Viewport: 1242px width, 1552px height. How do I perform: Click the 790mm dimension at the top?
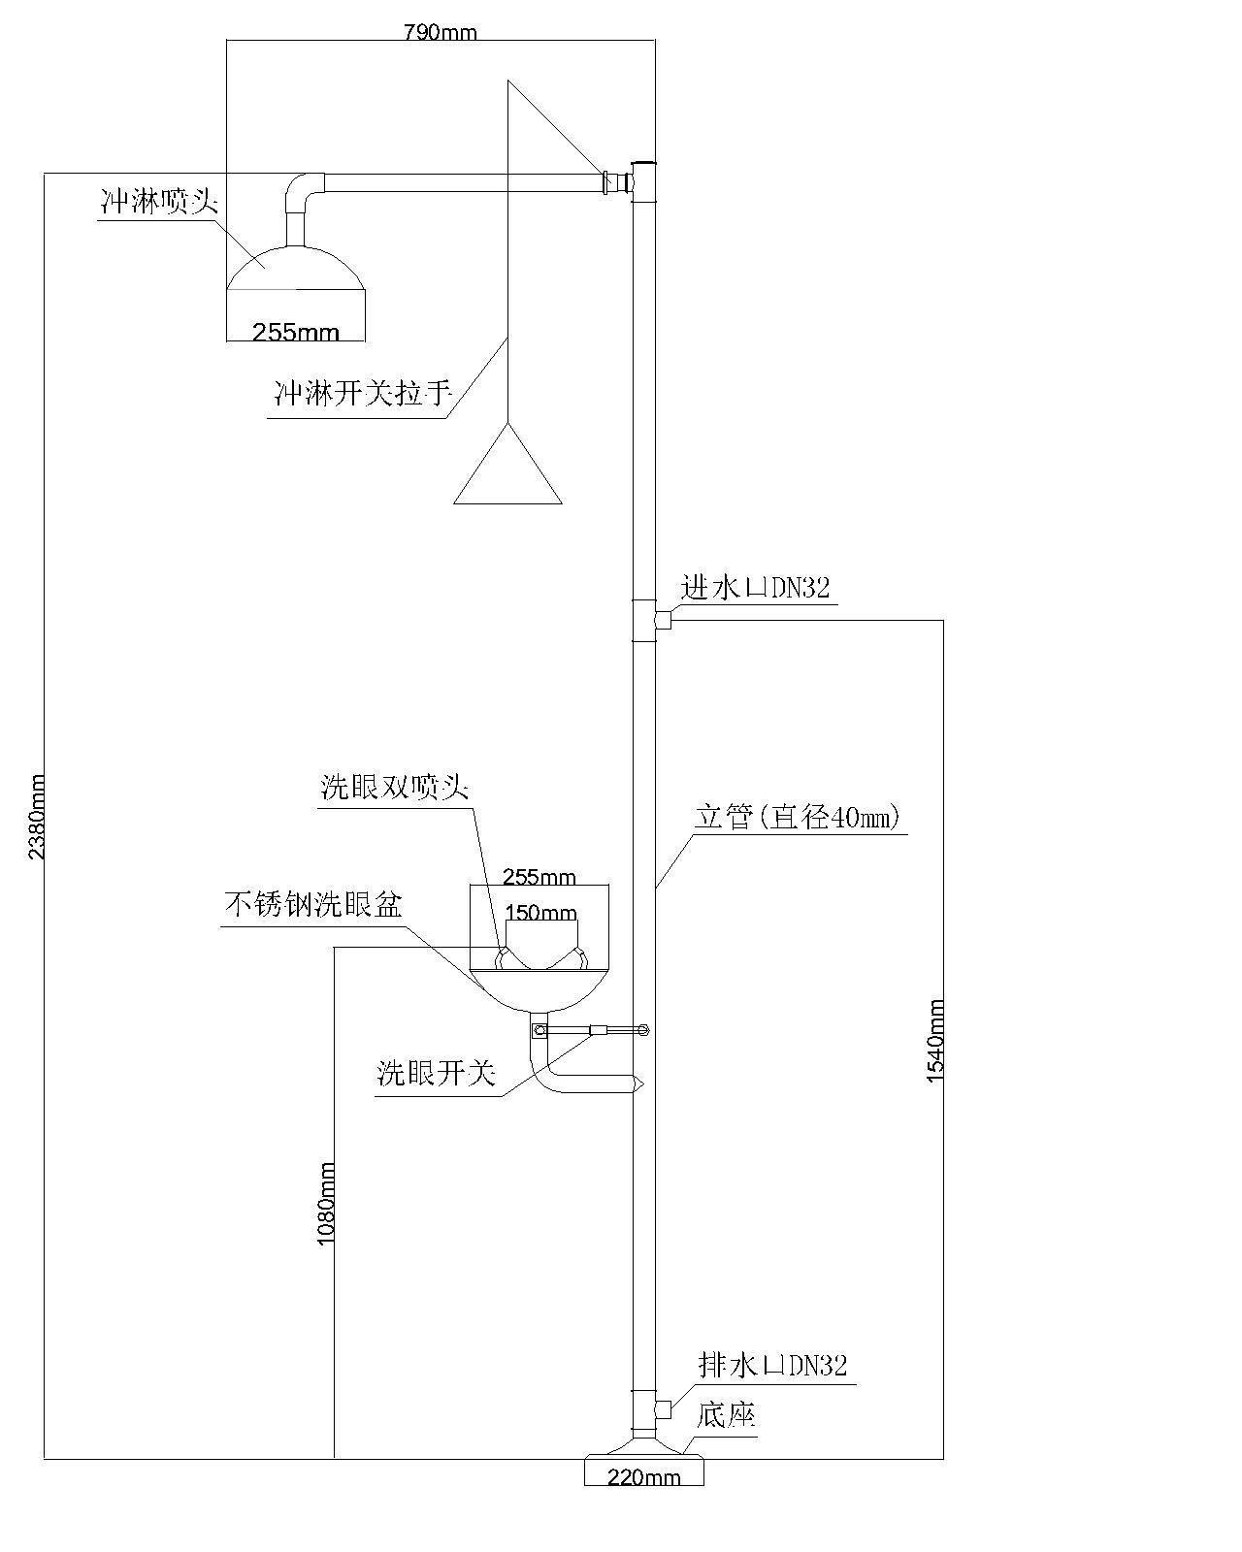(440, 32)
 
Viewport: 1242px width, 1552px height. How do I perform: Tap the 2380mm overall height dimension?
(36, 816)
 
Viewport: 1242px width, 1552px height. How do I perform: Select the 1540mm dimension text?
(935, 1040)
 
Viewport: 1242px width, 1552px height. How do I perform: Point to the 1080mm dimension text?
(326, 1204)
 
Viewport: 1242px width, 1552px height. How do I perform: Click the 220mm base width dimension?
(643, 1477)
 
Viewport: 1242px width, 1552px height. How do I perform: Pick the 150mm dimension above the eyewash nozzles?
(541, 913)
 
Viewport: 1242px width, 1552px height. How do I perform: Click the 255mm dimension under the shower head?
(296, 333)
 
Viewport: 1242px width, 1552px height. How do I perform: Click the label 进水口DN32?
(756, 587)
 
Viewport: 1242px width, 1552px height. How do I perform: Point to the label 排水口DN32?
(772, 1366)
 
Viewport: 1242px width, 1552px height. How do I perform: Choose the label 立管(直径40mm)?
(799, 817)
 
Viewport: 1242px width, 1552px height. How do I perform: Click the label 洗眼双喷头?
(395, 787)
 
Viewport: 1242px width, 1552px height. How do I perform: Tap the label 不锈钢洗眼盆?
(313, 905)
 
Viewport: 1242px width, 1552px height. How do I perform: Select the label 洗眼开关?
(437, 1073)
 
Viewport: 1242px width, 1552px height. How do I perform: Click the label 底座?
(726, 1415)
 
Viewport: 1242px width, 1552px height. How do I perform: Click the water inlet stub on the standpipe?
(663, 620)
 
